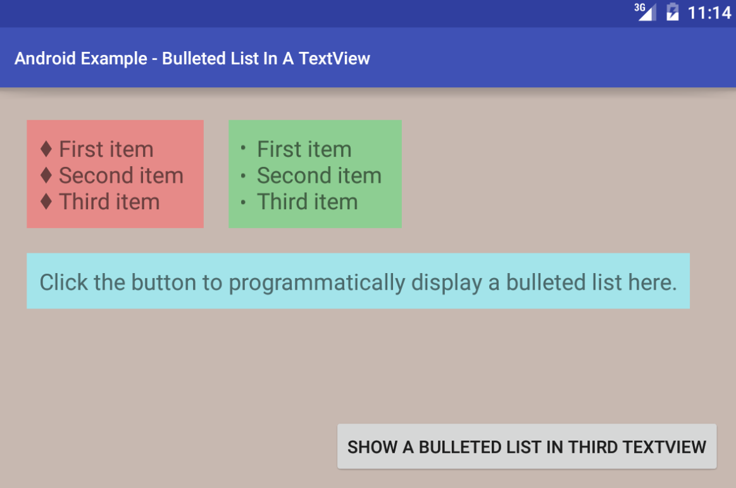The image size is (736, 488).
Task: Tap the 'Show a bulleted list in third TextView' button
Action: (527, 446)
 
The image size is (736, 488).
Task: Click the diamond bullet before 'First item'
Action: (46, 149)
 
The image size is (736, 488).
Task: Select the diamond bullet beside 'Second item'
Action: (46, 175)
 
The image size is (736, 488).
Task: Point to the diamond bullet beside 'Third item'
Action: (46, 201)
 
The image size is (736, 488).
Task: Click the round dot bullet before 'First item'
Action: (242, 148)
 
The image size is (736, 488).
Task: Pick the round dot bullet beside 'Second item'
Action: (242, 176)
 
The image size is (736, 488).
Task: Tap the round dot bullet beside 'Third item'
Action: (242, 202)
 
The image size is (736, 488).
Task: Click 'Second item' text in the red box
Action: (121, 175)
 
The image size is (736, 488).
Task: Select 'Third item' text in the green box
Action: (308, 202)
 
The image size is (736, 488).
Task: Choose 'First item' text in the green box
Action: (304, 149)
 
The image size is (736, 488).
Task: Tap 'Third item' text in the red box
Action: (109, 202)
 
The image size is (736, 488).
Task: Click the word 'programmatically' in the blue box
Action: (317, 283)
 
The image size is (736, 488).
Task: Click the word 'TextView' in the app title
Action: (334, 59)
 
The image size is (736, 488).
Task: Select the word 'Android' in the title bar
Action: (45, 59)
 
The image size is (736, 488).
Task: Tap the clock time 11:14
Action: (709, 13)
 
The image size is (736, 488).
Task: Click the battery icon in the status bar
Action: (673, 12)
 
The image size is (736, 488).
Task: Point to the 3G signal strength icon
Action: (644, 11)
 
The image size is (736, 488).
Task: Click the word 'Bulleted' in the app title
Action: (194, 59)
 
